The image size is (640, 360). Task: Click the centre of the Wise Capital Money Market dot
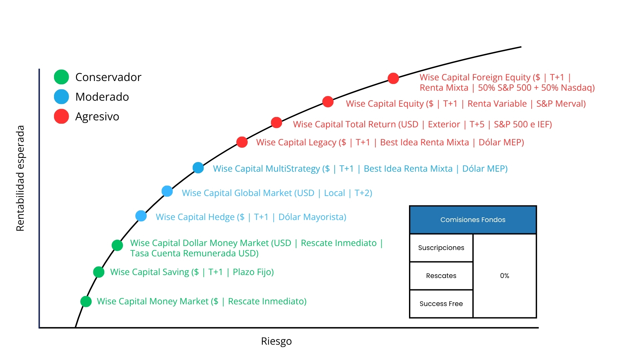86,301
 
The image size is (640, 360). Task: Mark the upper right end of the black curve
521,47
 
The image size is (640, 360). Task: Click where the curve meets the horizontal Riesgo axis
76,327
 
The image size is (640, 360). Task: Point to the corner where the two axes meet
39,328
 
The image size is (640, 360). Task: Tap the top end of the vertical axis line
39,69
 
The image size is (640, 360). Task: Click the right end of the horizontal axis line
538,328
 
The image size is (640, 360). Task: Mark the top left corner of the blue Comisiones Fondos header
410,206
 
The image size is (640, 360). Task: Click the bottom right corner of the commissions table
536,318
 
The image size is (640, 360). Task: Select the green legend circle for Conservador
61,77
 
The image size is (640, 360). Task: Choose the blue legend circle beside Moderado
61,97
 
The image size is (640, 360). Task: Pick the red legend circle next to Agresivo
61,116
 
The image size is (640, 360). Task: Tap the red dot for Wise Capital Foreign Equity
393,78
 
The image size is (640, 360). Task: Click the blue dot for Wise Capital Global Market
167,191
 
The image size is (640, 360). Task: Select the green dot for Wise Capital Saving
99,272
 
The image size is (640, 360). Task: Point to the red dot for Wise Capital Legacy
242,142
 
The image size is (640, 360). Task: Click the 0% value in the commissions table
505,276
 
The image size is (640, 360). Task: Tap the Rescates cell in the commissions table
441,276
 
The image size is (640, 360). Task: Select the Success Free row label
441,304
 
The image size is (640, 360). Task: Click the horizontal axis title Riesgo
276,341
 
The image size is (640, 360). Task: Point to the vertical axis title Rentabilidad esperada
20,178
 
